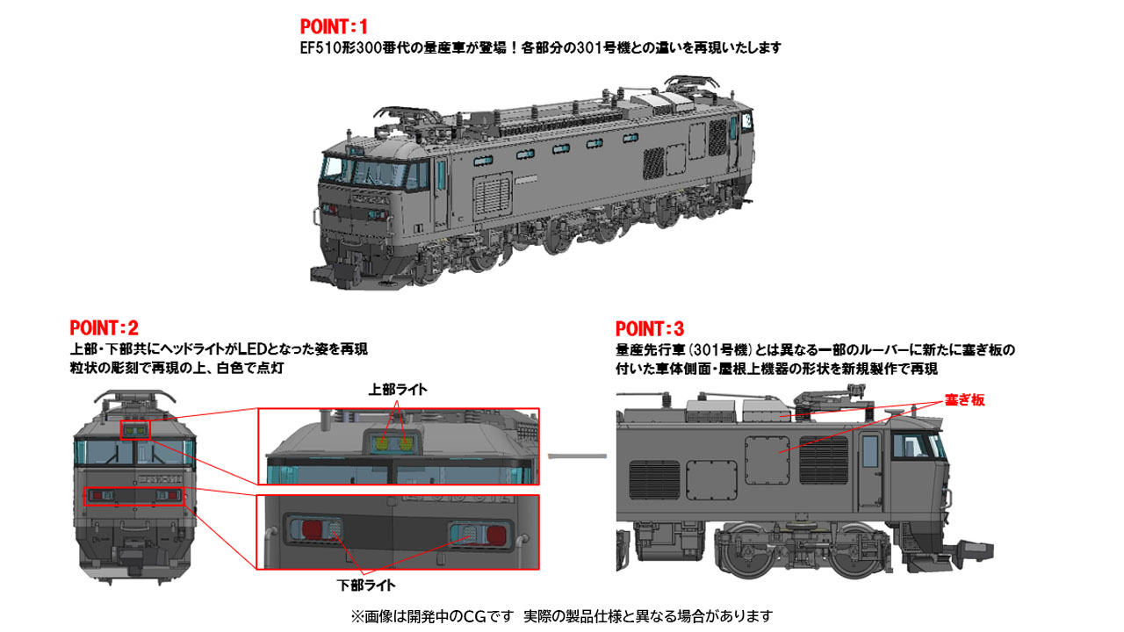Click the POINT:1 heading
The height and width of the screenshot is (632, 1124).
(x=334, y=27)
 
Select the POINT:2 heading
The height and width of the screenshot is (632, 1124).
(x=104, y=328)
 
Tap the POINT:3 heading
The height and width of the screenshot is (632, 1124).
(x=650, y=329)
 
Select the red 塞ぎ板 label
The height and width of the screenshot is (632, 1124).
(x=964, y=399)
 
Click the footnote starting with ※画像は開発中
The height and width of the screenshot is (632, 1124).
(x=562, y=615)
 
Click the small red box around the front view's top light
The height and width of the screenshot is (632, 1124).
(x=135, y=429)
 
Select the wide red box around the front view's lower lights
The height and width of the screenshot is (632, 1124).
(x=134, y=496)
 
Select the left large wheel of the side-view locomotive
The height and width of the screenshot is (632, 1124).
(x=753, y=550)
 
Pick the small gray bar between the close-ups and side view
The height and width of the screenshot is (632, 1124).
(x=577, y=456)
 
